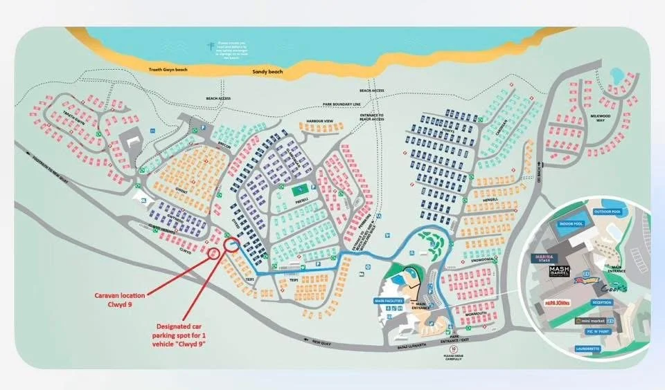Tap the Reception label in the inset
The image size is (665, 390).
(x=601, y=302)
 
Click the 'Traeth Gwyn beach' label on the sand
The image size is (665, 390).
(x=169, y=70)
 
